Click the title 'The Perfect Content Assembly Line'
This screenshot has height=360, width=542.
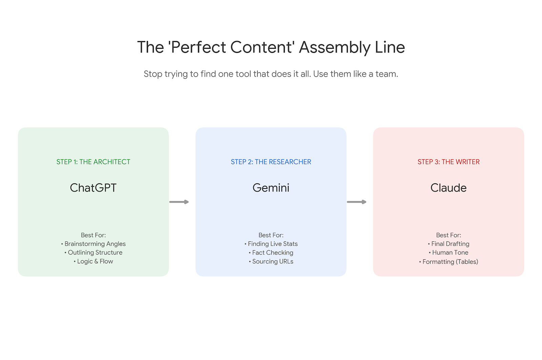point(271,47)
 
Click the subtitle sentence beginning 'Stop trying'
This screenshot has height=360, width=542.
point(271,74)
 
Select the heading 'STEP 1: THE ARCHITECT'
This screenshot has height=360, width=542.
point(93,162)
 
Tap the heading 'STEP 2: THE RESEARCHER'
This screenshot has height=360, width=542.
point(271,162)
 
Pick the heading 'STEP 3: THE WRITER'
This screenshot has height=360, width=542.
point(448,162)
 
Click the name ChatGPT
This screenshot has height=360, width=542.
point(93,188)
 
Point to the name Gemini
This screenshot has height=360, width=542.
point(271,188)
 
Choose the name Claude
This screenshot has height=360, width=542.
point(448,188)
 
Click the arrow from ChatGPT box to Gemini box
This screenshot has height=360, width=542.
point(179,202)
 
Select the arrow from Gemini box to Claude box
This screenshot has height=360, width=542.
point(356,202)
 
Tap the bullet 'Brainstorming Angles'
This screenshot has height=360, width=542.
point(95,244)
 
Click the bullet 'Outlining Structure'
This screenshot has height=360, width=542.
point(95,253)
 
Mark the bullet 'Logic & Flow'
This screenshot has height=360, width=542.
point(95,261)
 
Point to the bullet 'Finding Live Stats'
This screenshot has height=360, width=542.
point(272,244)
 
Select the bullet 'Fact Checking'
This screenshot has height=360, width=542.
point(272,253)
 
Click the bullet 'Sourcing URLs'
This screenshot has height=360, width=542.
point(272,261)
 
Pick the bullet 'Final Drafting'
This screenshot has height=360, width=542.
point(450,244)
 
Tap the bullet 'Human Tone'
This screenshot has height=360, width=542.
point(450,253)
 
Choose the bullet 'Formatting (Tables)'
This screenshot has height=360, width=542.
point(450,262)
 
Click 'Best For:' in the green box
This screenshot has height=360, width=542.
point(93,235)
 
